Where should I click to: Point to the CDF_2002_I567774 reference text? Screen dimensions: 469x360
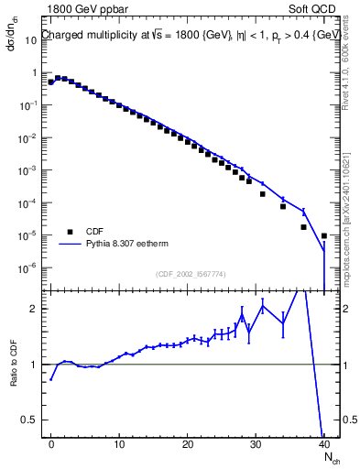coord(191,274)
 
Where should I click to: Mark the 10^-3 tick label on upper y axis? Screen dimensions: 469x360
coord(27,170)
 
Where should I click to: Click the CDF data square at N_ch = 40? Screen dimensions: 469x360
coord(324,235)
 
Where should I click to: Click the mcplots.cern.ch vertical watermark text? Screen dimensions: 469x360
coord(349,211)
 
